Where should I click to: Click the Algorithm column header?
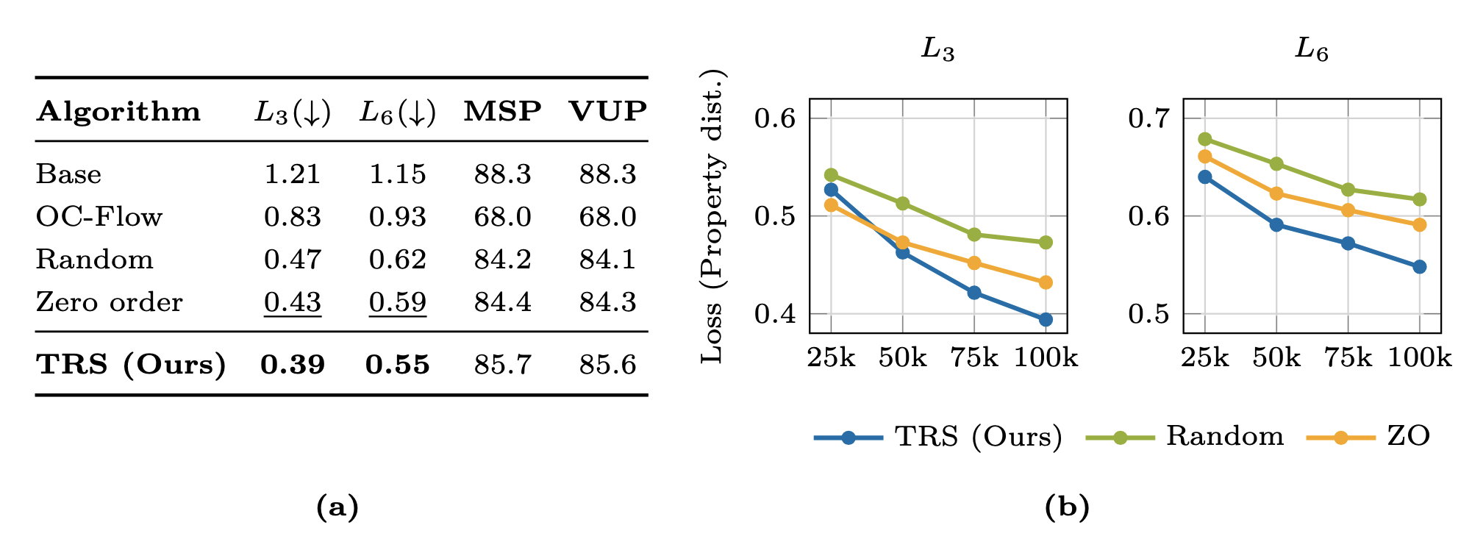click(x=118, y=112)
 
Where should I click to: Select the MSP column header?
click(x=502, y=111)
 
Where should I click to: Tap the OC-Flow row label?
click(x=99, y=217)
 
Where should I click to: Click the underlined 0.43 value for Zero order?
click(x=293, y=302)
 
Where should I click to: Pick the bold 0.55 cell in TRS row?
click(x=398, y=365)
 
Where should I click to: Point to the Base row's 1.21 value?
click(x=293, y=174)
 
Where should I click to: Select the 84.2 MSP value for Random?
click(x=502, y=260)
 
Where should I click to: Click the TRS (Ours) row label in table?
click(x=131, y=365)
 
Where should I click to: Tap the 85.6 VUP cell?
click(x=607, y=365)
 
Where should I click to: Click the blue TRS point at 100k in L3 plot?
click(x=1046, y=319)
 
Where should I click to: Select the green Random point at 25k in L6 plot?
click(x=1205, y=139)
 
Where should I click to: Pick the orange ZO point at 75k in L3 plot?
click(x=974, y=263)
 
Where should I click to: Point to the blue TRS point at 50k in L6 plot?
click(x=1276, y=225)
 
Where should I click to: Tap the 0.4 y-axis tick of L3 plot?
click(x=775, y=314)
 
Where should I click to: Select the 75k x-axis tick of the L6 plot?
click(x=1348, y=358)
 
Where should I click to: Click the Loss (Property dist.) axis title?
click(x=712, y=216)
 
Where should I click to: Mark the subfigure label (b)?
click(x=1067, y=507)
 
